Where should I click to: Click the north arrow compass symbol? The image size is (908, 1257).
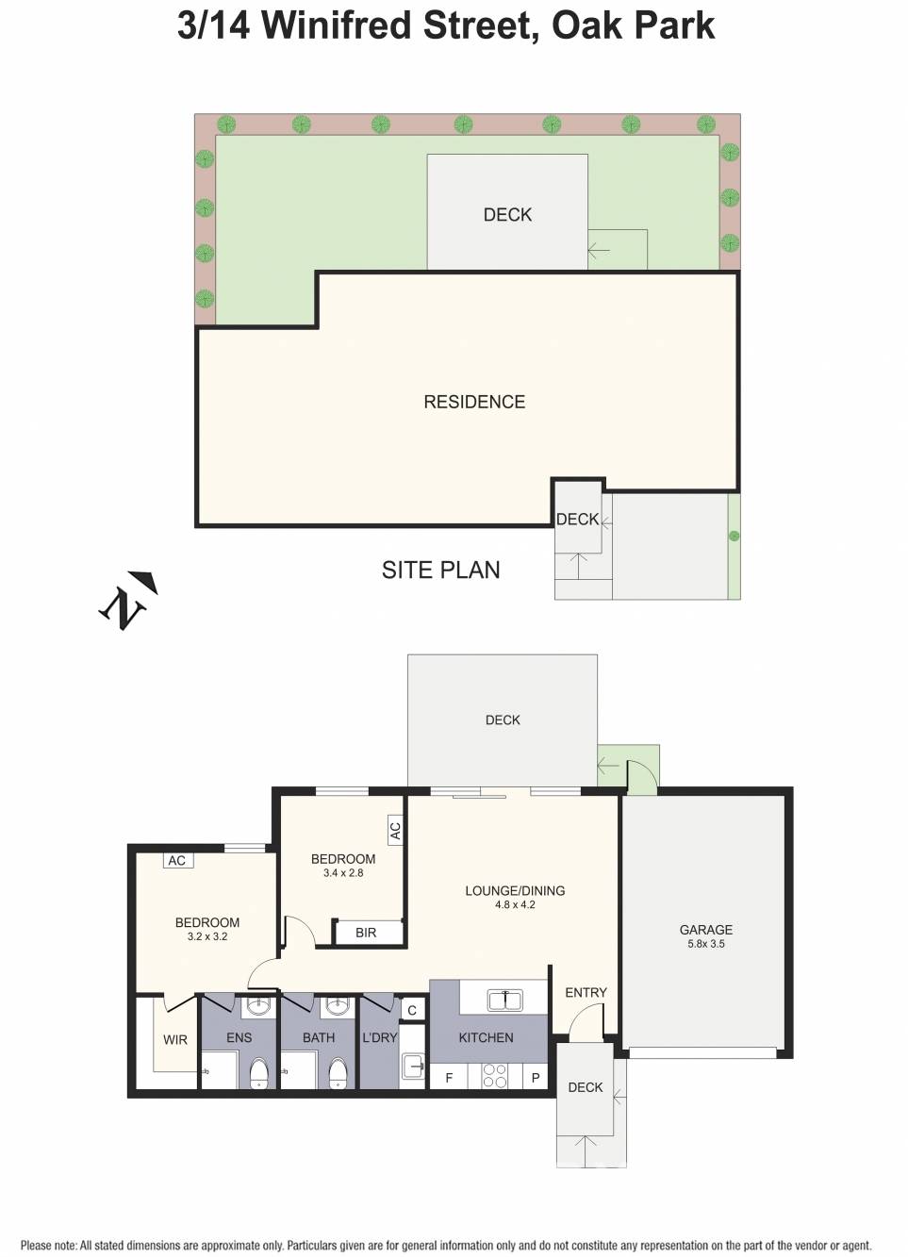[127, 601]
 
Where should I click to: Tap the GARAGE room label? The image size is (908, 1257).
[705, 930]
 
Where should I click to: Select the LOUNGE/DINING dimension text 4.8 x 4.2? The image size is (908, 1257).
[515, 905]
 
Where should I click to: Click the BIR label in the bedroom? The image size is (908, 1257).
[366, 933]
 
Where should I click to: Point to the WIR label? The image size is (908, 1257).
[175, 1040]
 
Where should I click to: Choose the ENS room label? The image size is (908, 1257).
[239, 1037]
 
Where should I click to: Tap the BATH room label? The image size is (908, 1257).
[319, 1037]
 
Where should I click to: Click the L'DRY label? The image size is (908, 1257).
[380, 1037]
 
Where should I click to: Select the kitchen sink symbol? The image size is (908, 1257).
[504, 1000]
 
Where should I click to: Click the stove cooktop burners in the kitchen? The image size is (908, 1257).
[494, 1076]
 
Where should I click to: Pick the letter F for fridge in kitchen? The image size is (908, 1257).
[449, 1078]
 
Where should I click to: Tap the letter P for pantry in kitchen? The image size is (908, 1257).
[536, 1078]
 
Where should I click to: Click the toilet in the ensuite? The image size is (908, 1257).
[259, 1072]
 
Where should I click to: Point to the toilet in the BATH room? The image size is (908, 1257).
[338, 1072]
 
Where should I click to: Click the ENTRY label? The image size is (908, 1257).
[586, 993]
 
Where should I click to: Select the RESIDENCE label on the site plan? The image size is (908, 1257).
[474, 402]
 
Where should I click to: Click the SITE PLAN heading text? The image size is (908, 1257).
[440, 570]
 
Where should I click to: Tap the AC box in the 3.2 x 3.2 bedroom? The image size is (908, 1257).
[176, 860]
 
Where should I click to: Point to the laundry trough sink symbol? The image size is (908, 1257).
[413, 1067]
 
